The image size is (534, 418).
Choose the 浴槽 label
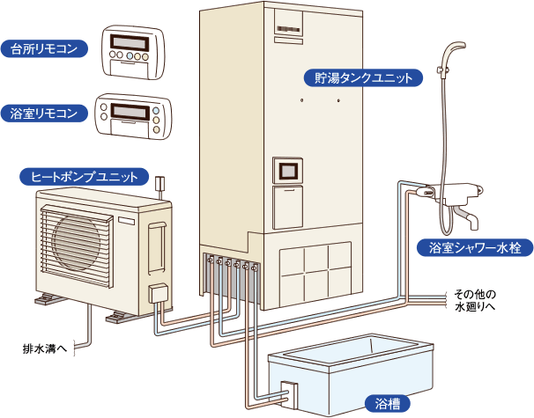point(387,404)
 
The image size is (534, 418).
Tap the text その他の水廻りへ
point(476,300)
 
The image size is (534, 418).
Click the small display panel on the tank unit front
point(289,169)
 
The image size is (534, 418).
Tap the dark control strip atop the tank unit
point(289,29)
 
